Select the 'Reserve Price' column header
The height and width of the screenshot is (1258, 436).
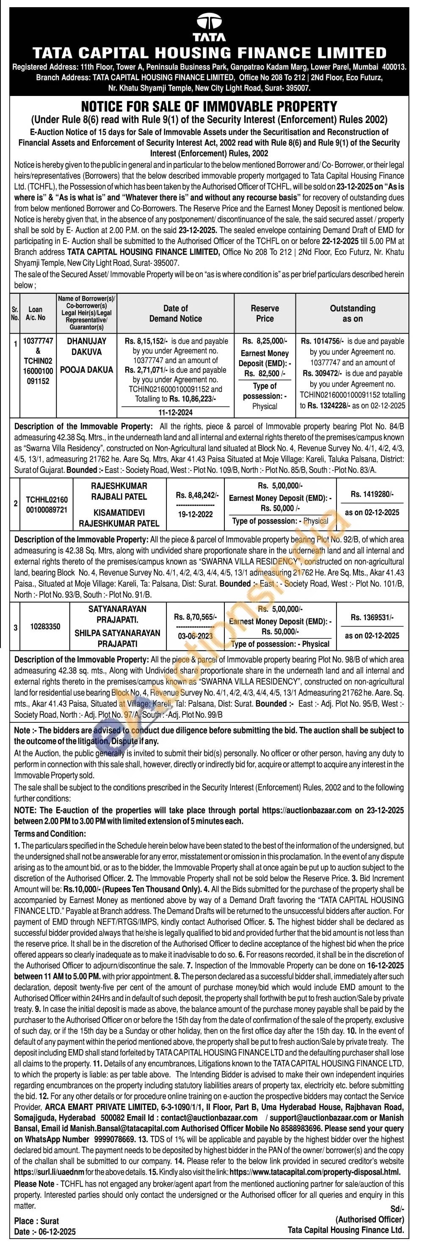[265, 314]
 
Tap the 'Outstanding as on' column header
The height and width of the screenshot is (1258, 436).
[353, 314]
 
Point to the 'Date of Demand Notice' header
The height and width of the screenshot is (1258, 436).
[176, 314]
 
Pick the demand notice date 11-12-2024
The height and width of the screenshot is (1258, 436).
[176, 412]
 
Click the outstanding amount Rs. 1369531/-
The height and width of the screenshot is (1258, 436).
[372, 618]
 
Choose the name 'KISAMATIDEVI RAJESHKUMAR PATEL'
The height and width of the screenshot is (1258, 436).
[119, 518]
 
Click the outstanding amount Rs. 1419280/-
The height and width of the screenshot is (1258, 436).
[372, 494]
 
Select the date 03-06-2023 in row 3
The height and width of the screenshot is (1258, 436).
[195, 636]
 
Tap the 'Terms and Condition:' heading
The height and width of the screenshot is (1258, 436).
[50, 833]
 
